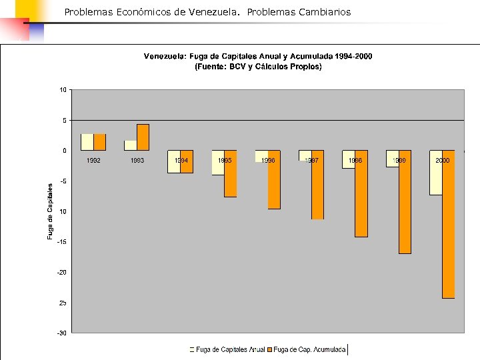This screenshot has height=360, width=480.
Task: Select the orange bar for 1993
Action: pos(143,137)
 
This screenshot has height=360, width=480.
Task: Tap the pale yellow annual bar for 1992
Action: pos(87,142)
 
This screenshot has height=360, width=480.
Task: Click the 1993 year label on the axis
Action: pos(137,161)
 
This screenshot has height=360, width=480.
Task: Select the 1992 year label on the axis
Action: pos(93,161)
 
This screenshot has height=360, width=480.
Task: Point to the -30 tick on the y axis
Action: pos(61,333)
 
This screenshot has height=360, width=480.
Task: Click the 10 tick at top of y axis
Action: pos(63,89)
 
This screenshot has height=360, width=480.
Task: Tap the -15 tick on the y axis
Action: pos(61,242)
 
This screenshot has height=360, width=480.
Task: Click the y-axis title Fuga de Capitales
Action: pos(50,211)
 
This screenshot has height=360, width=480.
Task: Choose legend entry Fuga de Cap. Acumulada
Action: pos(309,349)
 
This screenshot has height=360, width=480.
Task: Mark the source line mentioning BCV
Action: pos(258,67)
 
